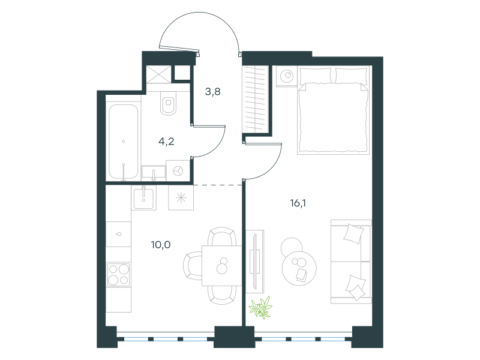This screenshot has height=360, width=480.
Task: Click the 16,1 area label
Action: point(298,203)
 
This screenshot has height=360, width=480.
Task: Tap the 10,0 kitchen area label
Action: point(161,245)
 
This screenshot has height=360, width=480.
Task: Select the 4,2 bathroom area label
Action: point(166,141)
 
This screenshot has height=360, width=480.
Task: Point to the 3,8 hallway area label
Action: point(213,91)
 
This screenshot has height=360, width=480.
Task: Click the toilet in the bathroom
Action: point(168,103)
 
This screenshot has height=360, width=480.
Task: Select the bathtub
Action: point(124,142)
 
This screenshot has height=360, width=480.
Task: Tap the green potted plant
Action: point(261,308)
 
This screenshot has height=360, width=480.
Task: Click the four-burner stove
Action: point(118,274)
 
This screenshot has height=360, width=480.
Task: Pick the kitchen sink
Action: point(143,198)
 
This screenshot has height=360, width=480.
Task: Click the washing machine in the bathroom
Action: point(178,170)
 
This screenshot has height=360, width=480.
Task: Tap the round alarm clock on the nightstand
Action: point(287,76)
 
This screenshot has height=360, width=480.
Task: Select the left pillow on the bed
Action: point(316,76)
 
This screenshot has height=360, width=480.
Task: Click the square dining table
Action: point(221,265)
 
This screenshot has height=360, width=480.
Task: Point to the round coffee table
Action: point(299,268)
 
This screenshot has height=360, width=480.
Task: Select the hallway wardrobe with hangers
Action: point(255,99)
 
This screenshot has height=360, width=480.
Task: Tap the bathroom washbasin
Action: point(154,173)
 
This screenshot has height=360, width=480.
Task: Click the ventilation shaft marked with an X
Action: point(158,74)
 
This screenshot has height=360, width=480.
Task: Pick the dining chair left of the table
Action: point(193,265)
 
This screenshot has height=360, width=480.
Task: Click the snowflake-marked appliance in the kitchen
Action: point(181,198)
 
